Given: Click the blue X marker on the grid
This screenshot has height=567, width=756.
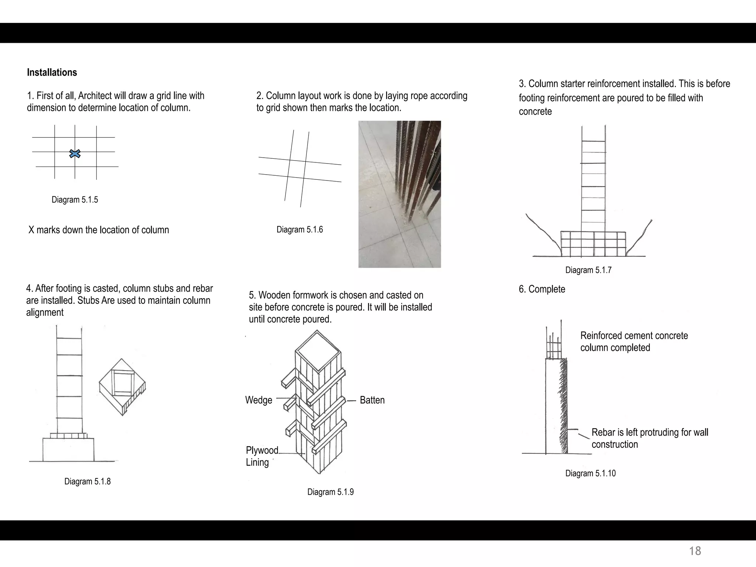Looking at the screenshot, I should coord(75,154).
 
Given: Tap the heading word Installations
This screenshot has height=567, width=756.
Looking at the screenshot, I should coord(52,72).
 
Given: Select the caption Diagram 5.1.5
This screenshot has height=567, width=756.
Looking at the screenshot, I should coord(75,200).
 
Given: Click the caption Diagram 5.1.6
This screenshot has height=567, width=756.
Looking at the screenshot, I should coord(299,230).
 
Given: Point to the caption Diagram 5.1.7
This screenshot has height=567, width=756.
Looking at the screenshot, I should coord(588,270).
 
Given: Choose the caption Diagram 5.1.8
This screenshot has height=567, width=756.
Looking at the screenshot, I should coord(87,481).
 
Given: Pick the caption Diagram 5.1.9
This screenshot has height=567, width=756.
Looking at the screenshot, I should coord(330,492).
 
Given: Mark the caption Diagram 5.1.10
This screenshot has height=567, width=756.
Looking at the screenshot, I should coord(590,473).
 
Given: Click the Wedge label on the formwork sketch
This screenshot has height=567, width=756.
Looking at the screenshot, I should coord(258,400).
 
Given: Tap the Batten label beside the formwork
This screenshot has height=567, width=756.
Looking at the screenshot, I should coord(372,400).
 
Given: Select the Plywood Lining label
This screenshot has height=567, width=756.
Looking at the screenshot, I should coord(262,456).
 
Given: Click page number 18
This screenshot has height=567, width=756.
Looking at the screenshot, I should coord(695,551).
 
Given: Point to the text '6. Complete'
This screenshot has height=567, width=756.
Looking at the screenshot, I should coord(542,289).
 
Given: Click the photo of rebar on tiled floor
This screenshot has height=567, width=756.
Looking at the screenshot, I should coord(399,194).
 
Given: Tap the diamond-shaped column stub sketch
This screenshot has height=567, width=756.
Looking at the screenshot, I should coord(122,386).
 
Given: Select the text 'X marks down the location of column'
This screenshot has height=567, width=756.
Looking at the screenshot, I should coord(99,230).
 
